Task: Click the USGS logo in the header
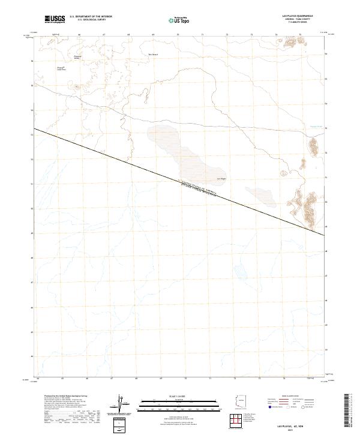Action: (x=55, y=19)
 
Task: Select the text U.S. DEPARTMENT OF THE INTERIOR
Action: (x=91, y=16)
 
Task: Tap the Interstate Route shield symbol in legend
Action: (x=271, y=407)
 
